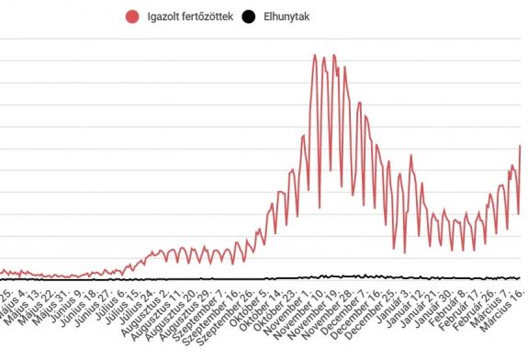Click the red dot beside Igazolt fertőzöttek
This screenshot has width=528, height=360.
click(134, 16)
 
